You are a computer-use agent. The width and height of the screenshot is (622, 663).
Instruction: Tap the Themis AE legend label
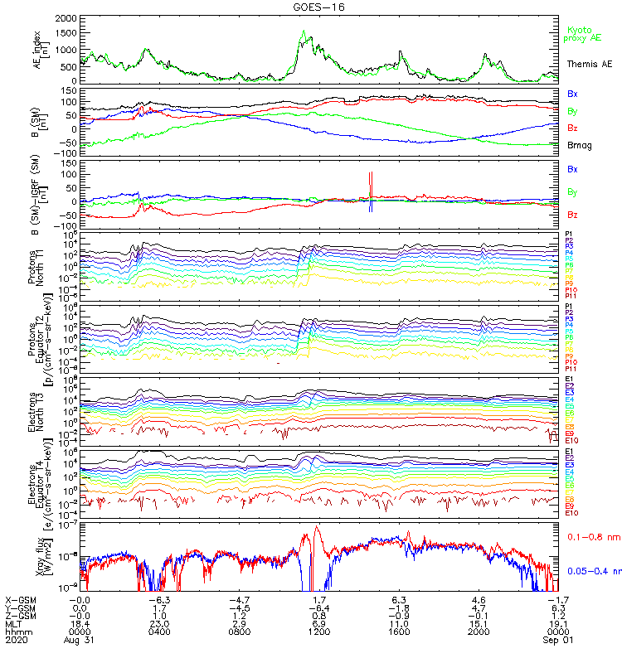[x=590, y=64]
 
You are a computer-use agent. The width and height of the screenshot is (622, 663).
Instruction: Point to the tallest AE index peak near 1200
[x=304, y=31]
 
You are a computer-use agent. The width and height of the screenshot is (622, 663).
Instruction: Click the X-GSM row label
[x=22, y=599]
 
